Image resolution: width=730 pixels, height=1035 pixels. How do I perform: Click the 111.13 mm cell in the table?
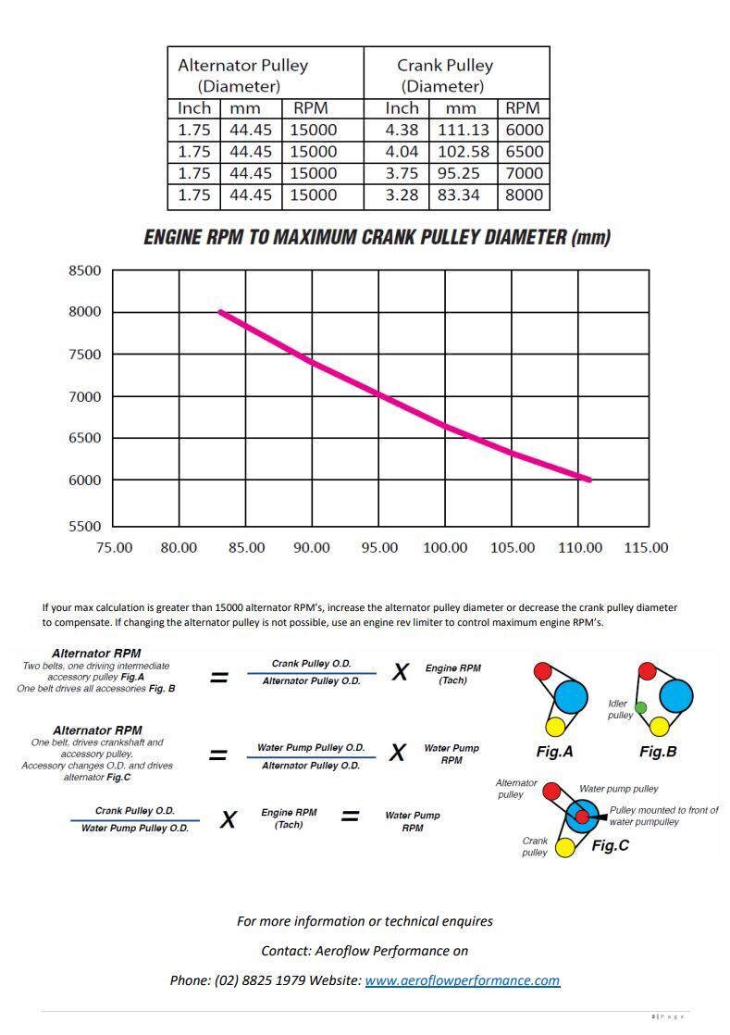(462, 131)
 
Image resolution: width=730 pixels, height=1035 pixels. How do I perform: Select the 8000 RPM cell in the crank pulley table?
(525, 195)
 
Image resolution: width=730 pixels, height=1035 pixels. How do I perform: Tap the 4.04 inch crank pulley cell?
(402, 152)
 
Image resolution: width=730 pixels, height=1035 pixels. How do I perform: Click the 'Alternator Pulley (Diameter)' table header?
(242, 76)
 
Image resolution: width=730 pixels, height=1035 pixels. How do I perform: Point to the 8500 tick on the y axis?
(85, 270)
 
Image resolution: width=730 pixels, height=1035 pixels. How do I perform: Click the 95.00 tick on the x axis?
(378, 548)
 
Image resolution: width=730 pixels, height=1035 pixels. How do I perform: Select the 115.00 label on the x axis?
(646, 548)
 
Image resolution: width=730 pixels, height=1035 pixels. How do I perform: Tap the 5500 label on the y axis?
(85, 526)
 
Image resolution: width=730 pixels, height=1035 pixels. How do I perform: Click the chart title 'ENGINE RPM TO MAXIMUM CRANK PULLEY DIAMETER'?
(377, 238)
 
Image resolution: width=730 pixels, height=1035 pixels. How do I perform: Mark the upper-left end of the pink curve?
(220, 312)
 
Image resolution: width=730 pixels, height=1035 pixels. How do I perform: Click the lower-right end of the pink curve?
(589, 480)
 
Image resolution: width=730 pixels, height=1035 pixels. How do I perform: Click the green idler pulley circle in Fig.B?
(640, 707)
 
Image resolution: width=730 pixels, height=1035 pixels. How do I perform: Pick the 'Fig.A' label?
(554, 752)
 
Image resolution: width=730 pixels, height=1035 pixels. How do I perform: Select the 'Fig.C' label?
(611, 845)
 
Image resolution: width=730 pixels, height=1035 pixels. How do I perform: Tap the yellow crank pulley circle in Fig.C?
(564, 846)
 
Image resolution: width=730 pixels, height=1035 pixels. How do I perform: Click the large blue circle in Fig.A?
(572, 695)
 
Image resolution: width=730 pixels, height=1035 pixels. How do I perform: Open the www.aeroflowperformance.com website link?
(462, 980)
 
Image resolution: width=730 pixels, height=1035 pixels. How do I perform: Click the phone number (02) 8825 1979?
(264, 980)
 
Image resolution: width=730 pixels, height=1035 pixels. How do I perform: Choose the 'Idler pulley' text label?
(620, 709)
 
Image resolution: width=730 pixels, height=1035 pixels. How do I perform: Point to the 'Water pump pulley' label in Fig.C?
(618, 789)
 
